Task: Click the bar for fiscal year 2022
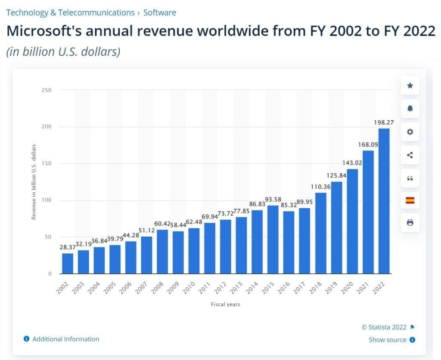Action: coord(384,201)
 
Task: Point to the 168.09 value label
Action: coord(368,145)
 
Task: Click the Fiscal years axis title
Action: coord(225,304)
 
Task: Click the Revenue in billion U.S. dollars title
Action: coord(34,182)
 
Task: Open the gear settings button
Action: coord(410,132)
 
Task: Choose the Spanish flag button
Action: coord(410,200)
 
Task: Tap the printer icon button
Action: coord(410,222)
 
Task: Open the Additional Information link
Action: coord(65,339)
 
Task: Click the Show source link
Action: coord(388,340)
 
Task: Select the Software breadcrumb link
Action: coord(159,13)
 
